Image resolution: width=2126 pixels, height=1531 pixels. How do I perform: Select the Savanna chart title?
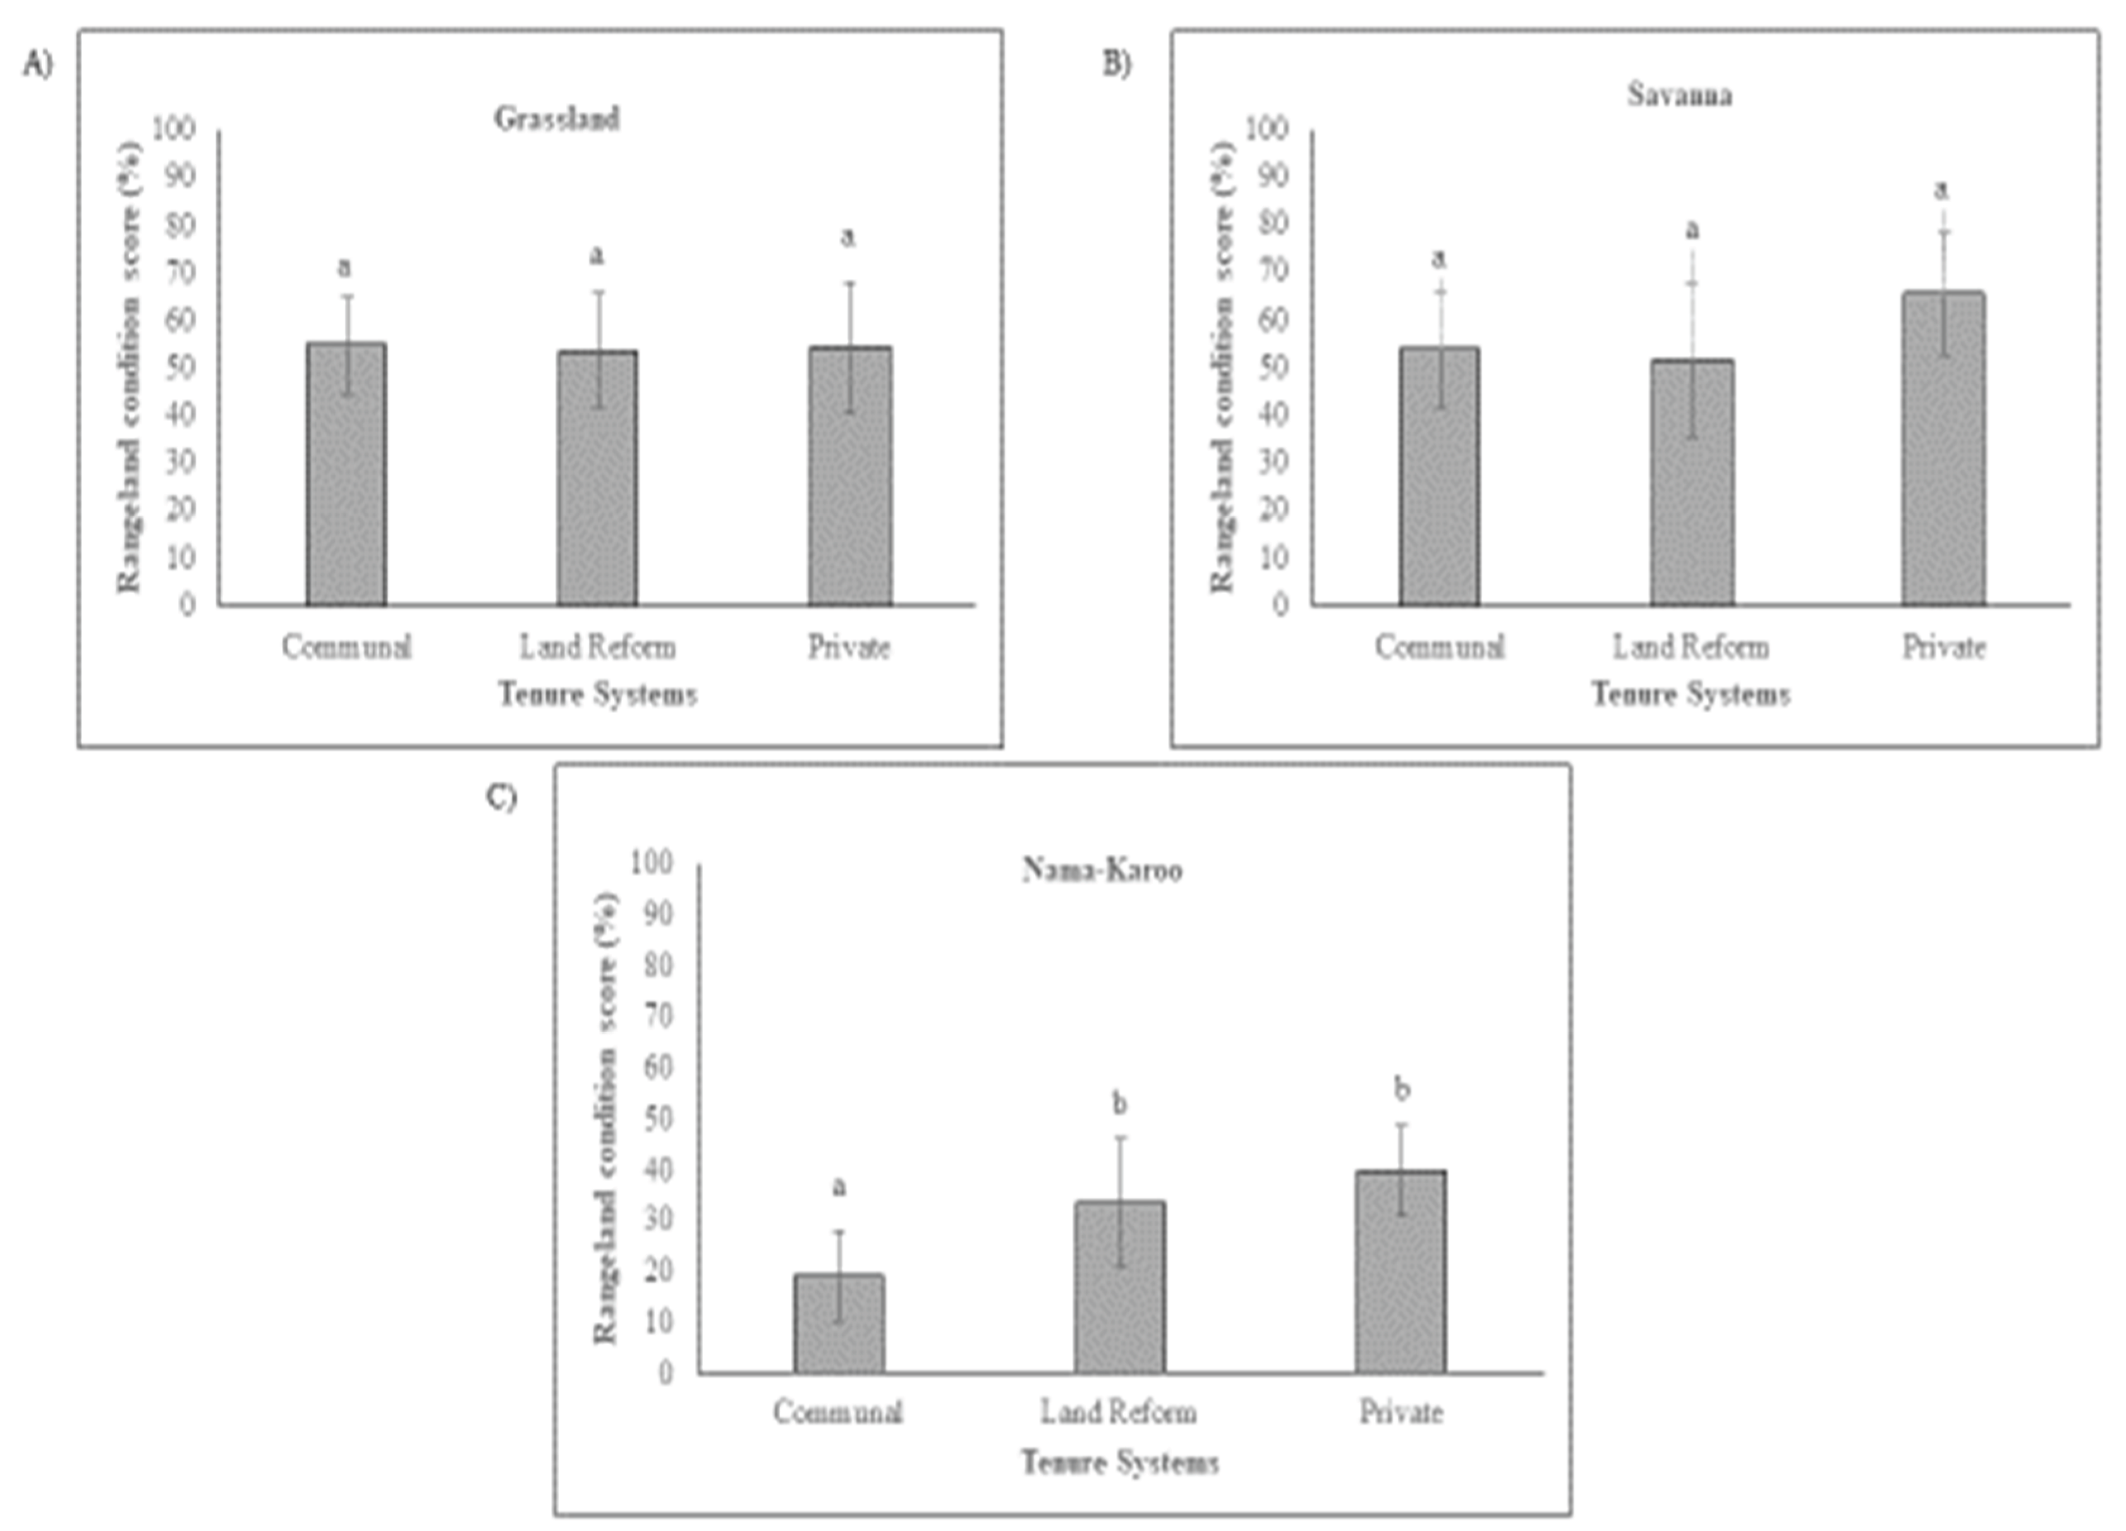click(x=1678, y=95)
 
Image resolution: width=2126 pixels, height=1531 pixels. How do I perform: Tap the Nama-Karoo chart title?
click(x=1102, y=870)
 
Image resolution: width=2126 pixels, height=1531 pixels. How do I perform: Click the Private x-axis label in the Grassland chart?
click(x=848, y=647)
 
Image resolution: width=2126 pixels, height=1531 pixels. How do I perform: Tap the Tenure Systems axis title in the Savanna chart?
click(x=1690, y=694)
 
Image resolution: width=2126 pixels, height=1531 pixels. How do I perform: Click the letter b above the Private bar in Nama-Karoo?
click(x=1401, y=1089)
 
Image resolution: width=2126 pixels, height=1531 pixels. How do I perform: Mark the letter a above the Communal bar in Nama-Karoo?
click(x=839, y=1187)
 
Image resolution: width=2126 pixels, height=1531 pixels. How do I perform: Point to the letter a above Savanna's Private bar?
click(x=1941, y=190)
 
